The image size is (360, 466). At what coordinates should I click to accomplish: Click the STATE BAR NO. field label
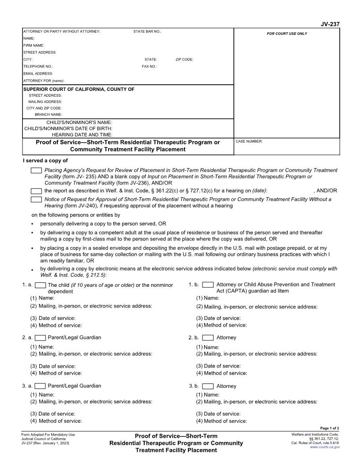click(147, 31)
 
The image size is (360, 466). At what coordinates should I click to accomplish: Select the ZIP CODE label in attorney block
click(184, 59)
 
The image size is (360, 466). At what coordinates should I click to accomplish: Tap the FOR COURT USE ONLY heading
click(287, 34)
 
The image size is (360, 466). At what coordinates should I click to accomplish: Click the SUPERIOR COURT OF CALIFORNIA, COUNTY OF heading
click(79, 89)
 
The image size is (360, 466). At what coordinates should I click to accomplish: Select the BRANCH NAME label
click(48, 115)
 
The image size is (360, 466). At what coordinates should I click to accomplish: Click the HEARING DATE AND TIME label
click(82, 135)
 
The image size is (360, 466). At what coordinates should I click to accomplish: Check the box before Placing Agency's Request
click(36, 170)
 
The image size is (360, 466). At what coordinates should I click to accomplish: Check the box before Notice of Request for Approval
click(36, 199)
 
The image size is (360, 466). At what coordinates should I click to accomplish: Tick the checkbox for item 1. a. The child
click(40, 285)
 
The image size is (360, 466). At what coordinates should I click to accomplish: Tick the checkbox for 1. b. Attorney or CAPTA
click(208, 285)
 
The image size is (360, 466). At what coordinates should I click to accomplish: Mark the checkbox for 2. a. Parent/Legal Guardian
click(40, 338)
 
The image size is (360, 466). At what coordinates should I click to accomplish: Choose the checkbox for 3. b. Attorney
click(208, 386)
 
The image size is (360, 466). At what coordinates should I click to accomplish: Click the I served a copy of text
click(45, 161)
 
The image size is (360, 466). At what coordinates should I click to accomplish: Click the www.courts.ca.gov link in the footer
click(325, 447)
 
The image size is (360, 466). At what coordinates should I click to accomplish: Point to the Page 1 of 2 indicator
click(330, 428)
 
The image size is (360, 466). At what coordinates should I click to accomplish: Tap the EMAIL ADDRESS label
click(38, 73)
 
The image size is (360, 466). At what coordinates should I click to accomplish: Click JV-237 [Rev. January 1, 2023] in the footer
click(45, 443)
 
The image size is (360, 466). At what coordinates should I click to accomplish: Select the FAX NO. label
click(149, 66)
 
